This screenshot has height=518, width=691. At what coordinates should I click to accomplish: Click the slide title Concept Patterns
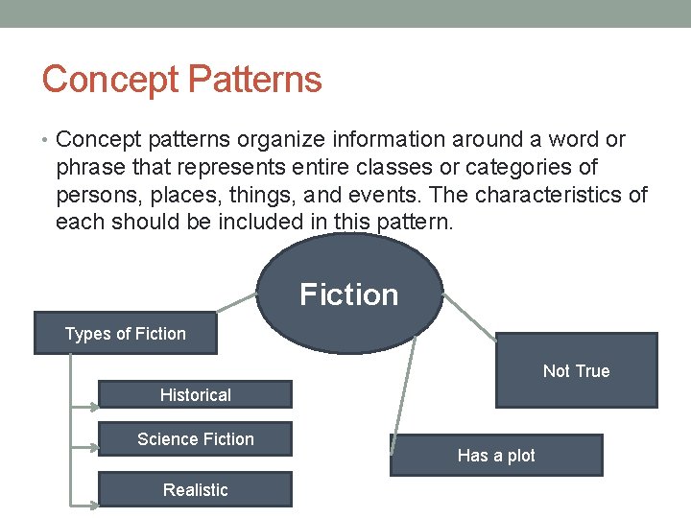click(181, 79)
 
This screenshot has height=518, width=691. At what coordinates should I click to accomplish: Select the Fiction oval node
click(349, 294)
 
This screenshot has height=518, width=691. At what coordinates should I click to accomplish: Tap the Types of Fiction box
click(125, 334)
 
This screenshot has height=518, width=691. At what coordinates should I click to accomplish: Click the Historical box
click(196, 394)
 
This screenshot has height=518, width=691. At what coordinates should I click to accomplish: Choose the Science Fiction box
click(196, 439)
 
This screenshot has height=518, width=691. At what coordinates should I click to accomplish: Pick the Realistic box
click(196, 490)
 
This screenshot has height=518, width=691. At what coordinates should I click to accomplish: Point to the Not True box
click(576, 370)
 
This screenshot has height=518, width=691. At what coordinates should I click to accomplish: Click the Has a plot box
click(496, 456)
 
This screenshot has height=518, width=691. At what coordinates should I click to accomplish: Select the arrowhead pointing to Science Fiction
click(93, 445)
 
